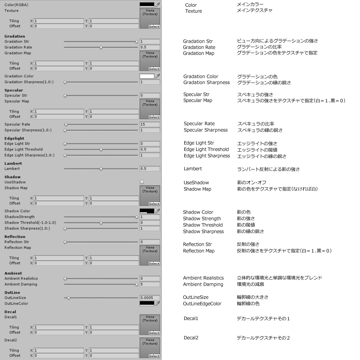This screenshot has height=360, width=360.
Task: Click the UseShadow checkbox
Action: tap(142, 182)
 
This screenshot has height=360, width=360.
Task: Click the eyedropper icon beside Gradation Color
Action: tap(158, 76)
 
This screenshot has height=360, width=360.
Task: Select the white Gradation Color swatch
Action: tap(147, 76)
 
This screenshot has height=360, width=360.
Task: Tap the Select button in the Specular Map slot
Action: tap(154, 117)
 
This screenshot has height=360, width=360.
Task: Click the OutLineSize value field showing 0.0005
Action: tap(150, 298)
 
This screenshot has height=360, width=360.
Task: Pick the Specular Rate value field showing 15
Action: tap(150, 124)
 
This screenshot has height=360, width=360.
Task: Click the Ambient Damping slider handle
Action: tap(136, 284)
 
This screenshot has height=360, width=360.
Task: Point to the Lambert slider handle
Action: tap(101, 169)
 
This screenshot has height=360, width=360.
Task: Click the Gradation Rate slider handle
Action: tap(101, 47)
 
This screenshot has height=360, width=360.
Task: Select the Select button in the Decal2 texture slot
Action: tap(154, 356)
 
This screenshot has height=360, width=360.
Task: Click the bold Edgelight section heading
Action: tap(14, 139)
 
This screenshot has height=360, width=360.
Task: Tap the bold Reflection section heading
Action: tap(15, 237)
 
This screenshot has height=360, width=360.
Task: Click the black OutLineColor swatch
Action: tap(147, 303)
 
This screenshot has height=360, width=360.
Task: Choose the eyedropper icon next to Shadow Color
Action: tap(158, 211)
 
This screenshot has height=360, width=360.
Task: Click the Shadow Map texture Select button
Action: tap(154, 204)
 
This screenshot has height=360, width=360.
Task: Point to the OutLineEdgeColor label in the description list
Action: tap(202, 304)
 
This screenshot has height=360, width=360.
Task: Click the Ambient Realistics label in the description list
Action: tap(203, 278)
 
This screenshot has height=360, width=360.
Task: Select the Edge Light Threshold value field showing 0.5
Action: tap(150, 149)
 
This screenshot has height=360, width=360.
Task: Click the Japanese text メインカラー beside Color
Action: tap(250, 5)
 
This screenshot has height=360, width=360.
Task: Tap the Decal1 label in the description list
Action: tap(191, 319)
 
